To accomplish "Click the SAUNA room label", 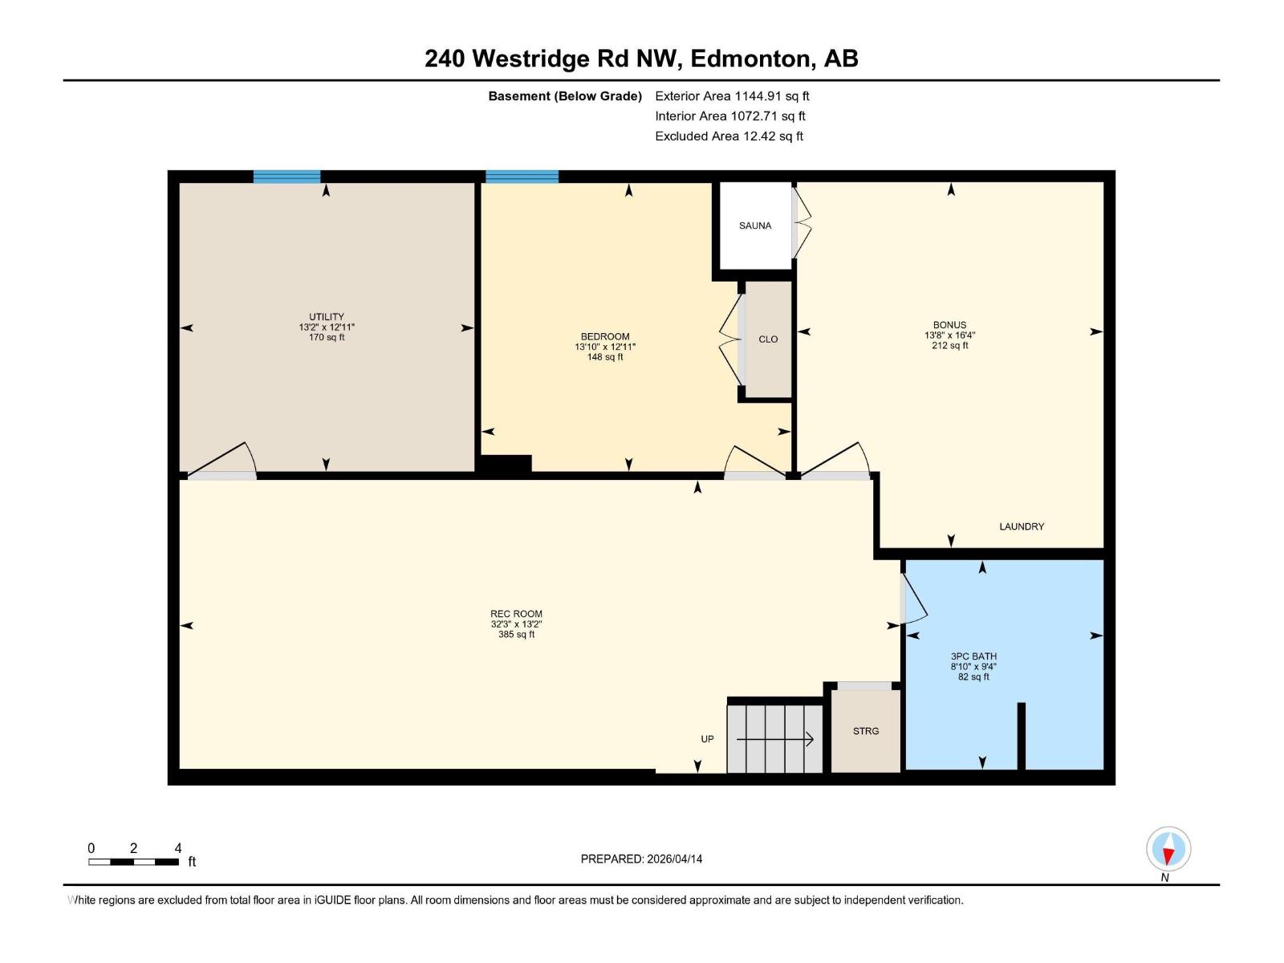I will click(x=754, y=226).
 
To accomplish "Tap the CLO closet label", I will click(x=768, y=339).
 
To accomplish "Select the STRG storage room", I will click(x=865, y=731).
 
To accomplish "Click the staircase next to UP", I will click(x=774, y=738).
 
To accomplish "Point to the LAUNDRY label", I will click(x=1021, y=526).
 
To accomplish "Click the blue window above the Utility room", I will click(x=286, y=177).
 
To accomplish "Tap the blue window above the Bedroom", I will click(x=522, y=177).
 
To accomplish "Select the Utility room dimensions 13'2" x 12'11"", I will click(x=327, y=327).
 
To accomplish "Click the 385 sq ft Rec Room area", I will click(x=516, y=635).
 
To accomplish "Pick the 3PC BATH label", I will click(x=973, y=656).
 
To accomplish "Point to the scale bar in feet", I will click(x=133, y=861).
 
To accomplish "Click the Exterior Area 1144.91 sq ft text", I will click(x=732, y=95).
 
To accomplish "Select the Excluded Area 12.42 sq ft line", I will click(x=729, y=136).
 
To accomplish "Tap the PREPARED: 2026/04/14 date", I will click(x=641, y=859).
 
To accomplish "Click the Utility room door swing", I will click(x=225, y=461).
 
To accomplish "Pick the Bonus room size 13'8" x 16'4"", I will click(x=949, y=335).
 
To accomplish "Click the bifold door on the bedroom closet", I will click(x=732, y=339).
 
